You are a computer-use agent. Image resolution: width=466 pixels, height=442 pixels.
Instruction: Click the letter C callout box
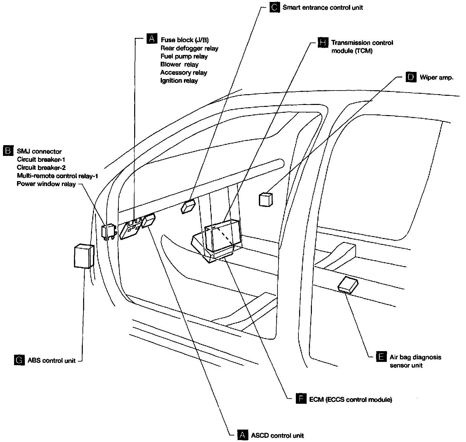(x=275, y=7)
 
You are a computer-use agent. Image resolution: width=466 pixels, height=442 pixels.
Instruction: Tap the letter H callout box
(x=323, y=42)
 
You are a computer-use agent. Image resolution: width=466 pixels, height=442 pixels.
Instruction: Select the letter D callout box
(x=411, y=77)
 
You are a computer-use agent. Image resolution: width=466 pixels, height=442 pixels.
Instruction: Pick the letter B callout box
(x=8, y=151)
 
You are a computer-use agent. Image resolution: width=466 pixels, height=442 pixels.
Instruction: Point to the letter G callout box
(x=19, y=360)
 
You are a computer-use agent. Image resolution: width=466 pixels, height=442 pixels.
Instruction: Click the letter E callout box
(x=381, y=357)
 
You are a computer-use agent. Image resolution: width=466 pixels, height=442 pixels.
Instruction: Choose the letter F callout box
(x=301, y=399)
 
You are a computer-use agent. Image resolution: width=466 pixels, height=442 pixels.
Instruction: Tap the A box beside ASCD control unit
(x=242, y=435)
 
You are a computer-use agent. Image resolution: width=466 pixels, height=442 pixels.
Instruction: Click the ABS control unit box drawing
(x=84, y=256)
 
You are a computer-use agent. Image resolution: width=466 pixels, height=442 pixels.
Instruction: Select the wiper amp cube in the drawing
(x=265, y=199)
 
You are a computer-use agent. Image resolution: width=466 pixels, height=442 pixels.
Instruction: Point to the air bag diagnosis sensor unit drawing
(x=348, y=284)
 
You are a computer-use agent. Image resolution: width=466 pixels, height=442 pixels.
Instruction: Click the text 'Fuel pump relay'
(x=184, y=56)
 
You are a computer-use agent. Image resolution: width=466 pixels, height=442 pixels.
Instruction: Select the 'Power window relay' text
(x=46, y=184)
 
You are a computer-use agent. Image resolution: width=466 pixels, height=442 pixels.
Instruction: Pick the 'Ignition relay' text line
(x=179, y=80)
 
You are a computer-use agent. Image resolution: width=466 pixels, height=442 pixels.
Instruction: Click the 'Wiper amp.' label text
(x=437, y=77)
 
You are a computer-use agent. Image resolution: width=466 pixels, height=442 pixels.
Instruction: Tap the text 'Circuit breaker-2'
(x=41, y=168)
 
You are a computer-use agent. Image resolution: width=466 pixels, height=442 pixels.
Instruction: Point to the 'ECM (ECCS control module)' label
(x=350, y=399)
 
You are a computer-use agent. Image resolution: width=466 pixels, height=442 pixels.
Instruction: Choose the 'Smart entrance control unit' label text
(x=323, y=8)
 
